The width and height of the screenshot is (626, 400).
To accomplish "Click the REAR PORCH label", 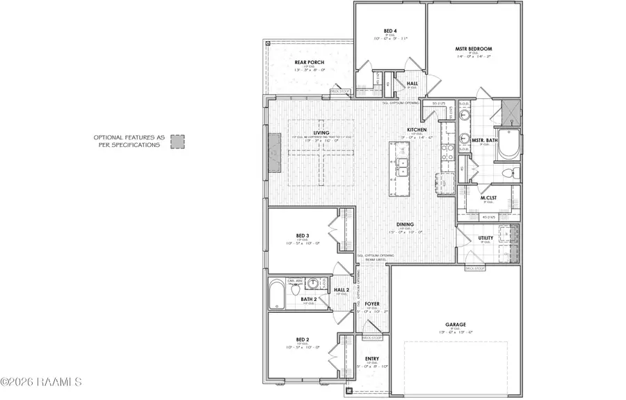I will pyautogui.click(x=310, y=63).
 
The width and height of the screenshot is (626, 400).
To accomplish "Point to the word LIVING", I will pyautogui.click(x=321, y=132).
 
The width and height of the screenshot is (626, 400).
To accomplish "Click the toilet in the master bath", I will pyautogui.click(x=508, y=172).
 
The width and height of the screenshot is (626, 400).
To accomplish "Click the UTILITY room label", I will pyautogui.click(x=485, y=238).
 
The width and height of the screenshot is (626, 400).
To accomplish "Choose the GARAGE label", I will pyautogui.click(x=456, y=324).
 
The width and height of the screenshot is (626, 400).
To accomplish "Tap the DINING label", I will pyautogui.click(x=406, y=224).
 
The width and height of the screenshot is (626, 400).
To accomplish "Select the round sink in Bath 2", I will pyautogui.click(x=313, y=284).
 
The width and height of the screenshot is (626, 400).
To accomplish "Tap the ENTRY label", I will pyautogui.click(x=372, y=360).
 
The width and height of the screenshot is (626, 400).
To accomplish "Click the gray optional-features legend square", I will pyautogui.click(x=178, y=141).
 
